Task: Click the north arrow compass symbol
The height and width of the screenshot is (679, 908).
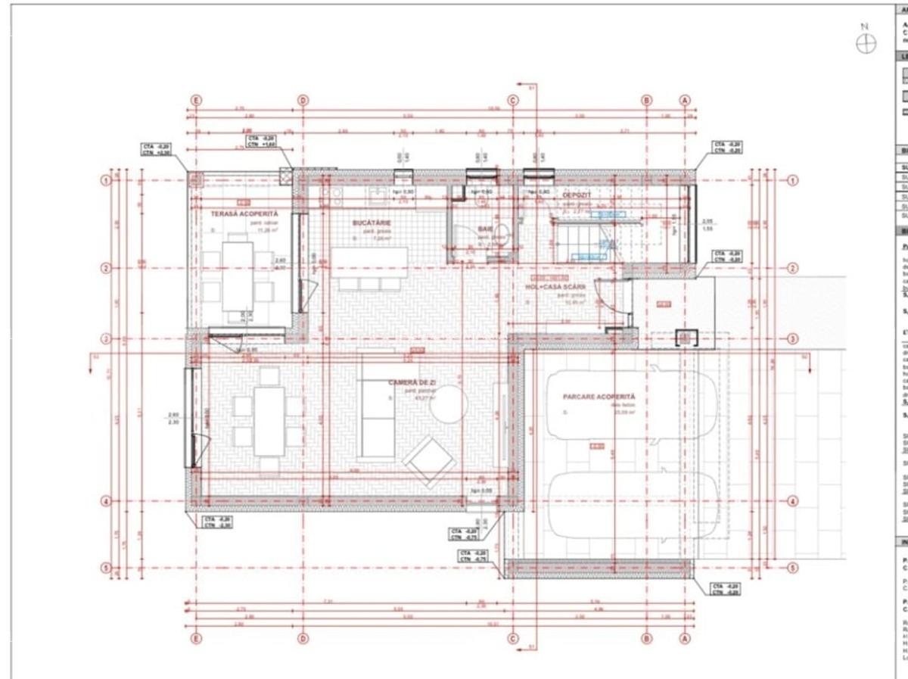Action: (x=866, y=44)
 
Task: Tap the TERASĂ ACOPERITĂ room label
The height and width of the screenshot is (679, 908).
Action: (x=239, y=214)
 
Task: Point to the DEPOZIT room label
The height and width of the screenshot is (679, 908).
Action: (x=576, y=195)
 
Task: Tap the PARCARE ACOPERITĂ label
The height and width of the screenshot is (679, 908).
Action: (x=599, y=397)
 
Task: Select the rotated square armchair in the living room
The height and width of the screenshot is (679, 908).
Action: (x=430, y=462)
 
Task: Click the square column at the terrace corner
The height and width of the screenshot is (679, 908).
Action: (x=196, y=179)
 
